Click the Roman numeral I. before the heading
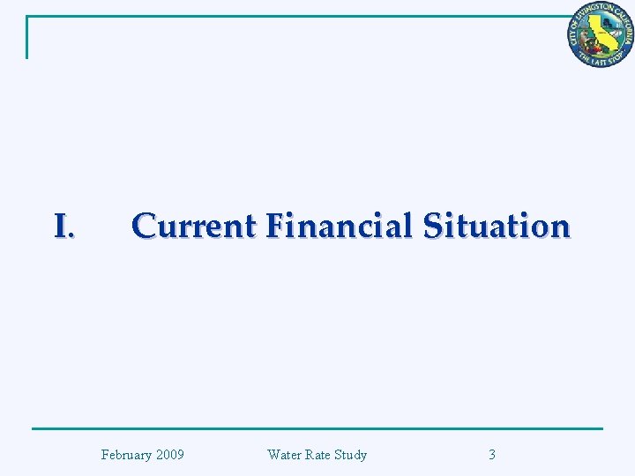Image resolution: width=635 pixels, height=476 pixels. point(63,227)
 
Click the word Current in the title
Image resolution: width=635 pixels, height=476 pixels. point(192,227)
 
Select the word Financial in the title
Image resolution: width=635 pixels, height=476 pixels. point(339,227)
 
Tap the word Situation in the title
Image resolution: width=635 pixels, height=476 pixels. point(497,227)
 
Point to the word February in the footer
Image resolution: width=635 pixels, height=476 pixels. point(127,455)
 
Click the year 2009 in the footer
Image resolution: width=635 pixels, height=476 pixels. point(169,455)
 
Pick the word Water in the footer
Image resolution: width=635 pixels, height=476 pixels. point(284,455)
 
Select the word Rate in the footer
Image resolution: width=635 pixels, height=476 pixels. point(318,455)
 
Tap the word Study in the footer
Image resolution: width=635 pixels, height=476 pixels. point(351,455)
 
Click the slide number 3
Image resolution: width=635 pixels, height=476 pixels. point(492,455)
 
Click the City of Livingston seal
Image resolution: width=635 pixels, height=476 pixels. point(600,34)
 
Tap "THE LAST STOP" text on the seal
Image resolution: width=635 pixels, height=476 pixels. point(600,58)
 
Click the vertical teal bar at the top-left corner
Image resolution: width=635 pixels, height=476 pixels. point(27,37)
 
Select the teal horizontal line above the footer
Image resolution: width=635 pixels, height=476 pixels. point(317,429)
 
